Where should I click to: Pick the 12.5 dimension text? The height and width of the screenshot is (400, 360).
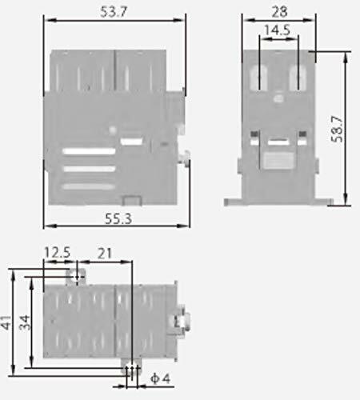(x=58, y=254)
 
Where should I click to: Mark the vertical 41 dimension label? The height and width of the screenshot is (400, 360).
(x=7, y=322)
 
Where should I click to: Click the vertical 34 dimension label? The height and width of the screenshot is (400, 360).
(x=24, y=322)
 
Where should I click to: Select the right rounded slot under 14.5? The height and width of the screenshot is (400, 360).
(x=298, y=78)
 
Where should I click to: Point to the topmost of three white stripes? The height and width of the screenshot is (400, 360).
(x=90, y=150)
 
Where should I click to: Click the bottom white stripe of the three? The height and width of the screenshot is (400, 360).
(x=90, y=186)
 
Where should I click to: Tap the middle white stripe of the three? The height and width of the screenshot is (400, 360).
(x=90, y=169)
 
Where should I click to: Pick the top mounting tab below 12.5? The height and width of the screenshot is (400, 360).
(x=78, y=276)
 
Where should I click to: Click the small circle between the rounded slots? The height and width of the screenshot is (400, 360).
(x=279, y=99)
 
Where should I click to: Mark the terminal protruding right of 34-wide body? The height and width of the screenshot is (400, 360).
(x=182, y=321)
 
